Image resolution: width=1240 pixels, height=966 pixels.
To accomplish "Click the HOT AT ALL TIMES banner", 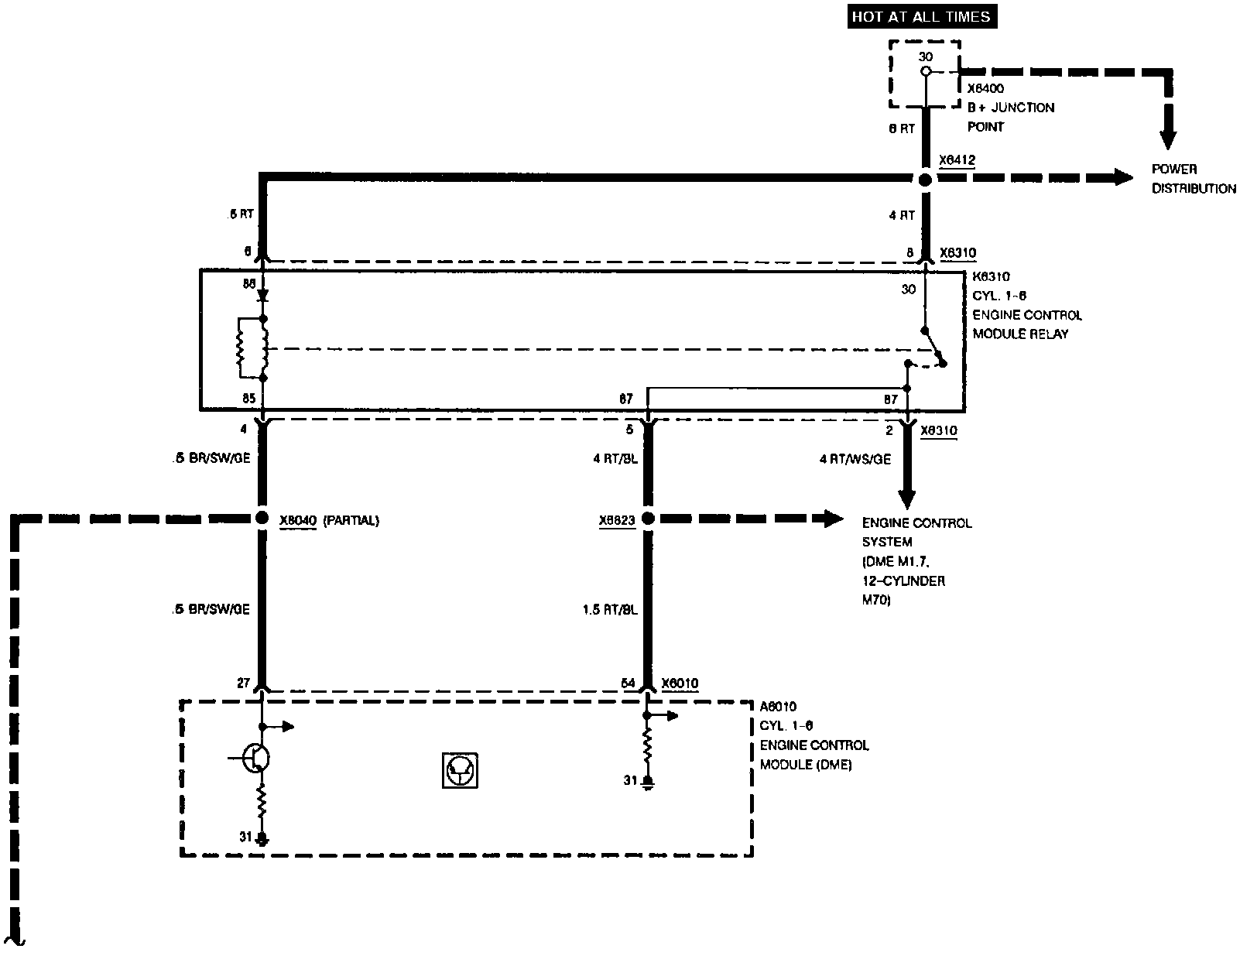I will pos(921,16).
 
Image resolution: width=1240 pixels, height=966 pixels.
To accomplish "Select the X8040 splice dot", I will pos(262,519).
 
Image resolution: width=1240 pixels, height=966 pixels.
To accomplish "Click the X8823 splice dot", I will pos(648,519).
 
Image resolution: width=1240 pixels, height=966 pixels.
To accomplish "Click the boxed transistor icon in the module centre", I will pos(460,770).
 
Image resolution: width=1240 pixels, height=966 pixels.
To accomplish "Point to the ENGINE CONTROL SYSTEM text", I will pos(916,533).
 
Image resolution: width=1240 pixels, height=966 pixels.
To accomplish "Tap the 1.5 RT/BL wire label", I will pos(609,610).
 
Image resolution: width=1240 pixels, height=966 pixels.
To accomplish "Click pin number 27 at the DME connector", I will pos(244,683).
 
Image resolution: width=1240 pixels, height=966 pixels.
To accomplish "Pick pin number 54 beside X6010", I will pos(628,683).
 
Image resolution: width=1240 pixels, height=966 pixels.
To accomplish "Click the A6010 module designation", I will pos(778,706).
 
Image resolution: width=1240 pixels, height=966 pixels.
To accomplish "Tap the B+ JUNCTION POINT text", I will pos(1010,117).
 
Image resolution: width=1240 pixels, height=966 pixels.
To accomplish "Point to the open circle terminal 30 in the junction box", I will pos(925,71).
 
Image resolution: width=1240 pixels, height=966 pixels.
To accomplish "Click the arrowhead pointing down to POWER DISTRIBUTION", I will pos(1168,139).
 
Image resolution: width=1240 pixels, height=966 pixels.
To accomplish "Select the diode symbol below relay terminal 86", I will pos(264,296).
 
